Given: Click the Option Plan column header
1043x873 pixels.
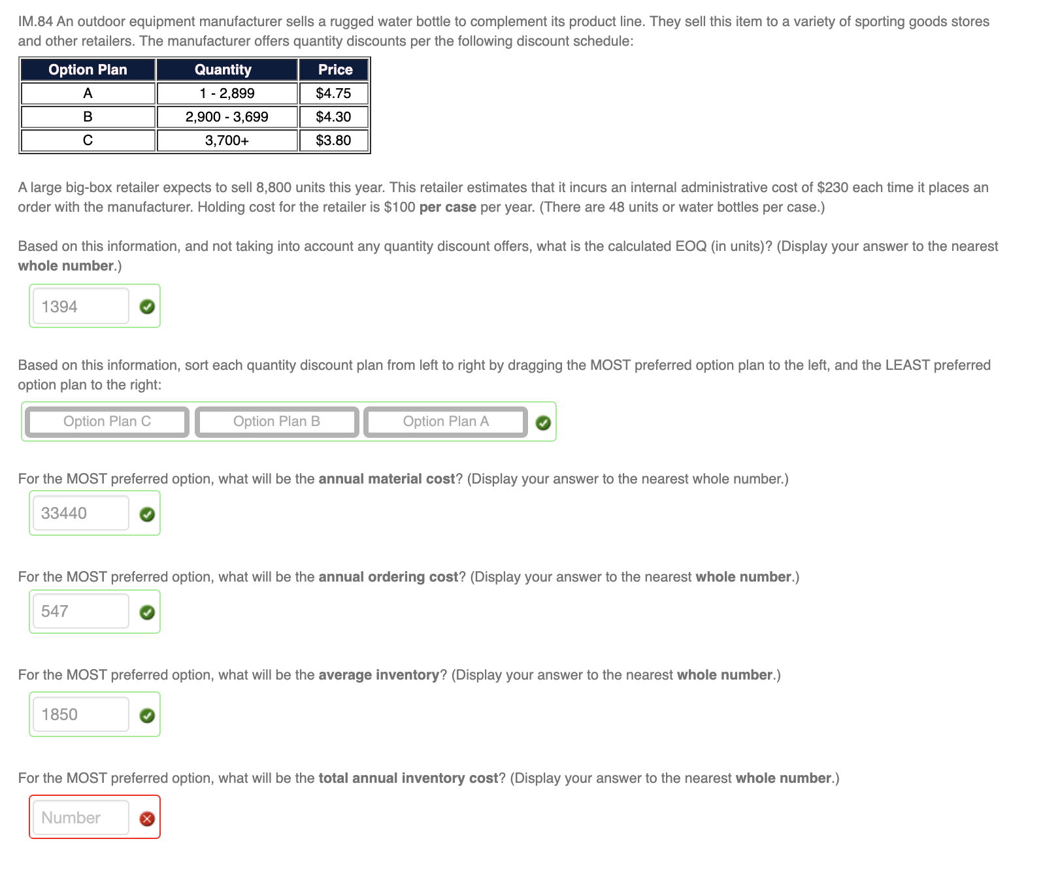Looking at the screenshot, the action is [88, 69].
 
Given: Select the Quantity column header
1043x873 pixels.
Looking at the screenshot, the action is [227, 69].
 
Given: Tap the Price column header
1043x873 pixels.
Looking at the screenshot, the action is [334, 69].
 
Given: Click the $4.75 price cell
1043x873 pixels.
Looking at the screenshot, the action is [334, 93].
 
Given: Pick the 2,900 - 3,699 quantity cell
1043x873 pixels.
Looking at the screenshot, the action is [227, 117].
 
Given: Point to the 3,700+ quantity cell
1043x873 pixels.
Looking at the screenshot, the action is [227, 140].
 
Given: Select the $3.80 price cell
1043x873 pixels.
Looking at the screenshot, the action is [334, 140].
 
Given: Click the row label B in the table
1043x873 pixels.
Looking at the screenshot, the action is [88, 117].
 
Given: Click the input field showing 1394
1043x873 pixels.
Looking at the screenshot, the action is [81, 306].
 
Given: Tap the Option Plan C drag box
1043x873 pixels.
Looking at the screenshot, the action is [107, 422].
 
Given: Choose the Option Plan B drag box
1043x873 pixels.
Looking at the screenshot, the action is [276, 422].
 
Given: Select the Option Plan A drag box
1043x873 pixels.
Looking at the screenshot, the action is [446, 422].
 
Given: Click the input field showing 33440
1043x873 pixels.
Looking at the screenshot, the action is [81, 513].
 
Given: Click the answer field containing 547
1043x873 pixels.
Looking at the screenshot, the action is [81, 612].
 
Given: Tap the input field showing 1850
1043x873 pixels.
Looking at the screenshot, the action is [81, 714].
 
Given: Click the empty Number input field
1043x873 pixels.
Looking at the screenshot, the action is [81, 817].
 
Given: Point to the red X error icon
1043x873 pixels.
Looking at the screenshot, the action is [147, 819].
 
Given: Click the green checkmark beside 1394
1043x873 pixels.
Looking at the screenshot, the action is [147, 306].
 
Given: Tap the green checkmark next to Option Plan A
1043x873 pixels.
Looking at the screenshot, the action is [543, 423].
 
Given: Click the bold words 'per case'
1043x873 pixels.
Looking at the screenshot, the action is [448, 207].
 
